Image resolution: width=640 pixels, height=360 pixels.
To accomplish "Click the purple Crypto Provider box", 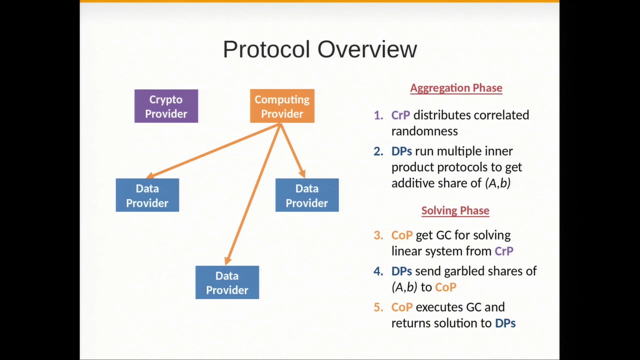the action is point(166,106).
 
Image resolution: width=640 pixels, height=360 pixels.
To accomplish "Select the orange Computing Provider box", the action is point(282,106).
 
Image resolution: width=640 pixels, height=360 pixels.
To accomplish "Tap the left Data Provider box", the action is point(147,195).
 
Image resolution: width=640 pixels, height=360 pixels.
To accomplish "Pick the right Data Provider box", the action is point(307,195).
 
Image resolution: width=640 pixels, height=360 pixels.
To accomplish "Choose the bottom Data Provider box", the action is point(227,282).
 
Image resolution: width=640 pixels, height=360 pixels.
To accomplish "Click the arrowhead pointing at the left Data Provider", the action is point(149,175).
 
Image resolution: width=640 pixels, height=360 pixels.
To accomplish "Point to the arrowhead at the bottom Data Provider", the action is point(227,260).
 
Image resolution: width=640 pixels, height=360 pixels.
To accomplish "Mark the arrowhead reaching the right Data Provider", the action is point(302,173).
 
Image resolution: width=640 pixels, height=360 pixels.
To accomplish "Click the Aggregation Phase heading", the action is point(456,88).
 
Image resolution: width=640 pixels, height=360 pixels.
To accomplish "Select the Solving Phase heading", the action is point(455,210).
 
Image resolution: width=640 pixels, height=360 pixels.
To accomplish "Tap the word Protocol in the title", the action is point(266,49).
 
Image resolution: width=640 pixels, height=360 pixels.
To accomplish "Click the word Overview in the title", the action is point(367,49).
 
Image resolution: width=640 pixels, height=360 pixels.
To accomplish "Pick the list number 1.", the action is point(378,115).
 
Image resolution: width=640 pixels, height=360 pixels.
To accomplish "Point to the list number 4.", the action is point(378,271).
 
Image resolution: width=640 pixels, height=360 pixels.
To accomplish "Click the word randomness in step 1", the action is point(424,131).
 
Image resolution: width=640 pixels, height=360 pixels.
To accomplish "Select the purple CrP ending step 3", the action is point(504,251).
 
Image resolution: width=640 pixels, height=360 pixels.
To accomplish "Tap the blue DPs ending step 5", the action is point(505,323).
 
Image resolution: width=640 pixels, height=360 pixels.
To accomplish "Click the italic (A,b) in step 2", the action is point(497,183).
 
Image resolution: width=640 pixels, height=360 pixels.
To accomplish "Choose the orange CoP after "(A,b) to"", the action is point(445,287).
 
